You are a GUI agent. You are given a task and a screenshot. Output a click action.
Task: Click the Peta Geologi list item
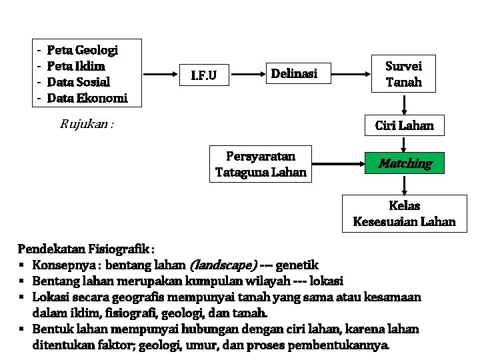coord(83,50)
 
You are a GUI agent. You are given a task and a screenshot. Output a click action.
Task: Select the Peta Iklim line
coord(76,66)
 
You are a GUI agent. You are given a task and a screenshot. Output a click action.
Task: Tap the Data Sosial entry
coord(79,82)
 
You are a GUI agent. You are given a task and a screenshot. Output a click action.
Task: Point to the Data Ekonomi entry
coord(87,98)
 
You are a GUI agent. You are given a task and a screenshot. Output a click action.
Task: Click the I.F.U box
coord(203,75)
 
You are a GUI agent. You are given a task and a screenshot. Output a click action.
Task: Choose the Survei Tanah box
coord(404,74)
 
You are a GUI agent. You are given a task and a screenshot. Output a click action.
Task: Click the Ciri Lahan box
coord(404,125)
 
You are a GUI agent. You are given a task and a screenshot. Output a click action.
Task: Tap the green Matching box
coord(405,163)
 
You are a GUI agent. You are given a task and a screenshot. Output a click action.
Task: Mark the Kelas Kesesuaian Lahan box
coord(404,213)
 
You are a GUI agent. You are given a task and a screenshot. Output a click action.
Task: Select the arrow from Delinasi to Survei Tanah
coord(351,73)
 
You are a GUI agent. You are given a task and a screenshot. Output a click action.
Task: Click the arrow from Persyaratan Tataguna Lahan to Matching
coord(337,163)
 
